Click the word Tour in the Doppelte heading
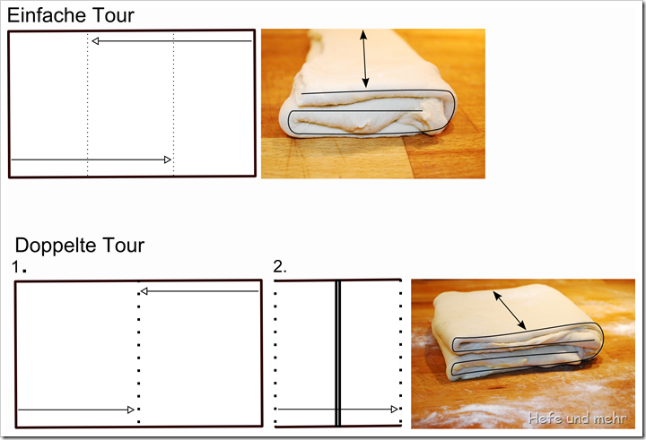point(123,246)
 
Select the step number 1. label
point(19,267)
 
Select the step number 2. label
point(280,267)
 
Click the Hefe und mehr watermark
point(577,418)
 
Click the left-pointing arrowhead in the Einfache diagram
point(95,40)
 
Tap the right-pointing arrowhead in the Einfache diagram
point(167,160)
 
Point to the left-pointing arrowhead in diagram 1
point(144,291)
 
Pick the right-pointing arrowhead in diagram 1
point(131,410)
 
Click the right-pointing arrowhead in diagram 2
point(394,410)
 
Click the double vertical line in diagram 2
point(338,353)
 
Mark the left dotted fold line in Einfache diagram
point(87,104)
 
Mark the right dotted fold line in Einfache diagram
point(173,104)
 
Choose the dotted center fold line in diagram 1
point(138,354)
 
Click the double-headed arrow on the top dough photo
point(363,59)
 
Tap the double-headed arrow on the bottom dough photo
point(510,310)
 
